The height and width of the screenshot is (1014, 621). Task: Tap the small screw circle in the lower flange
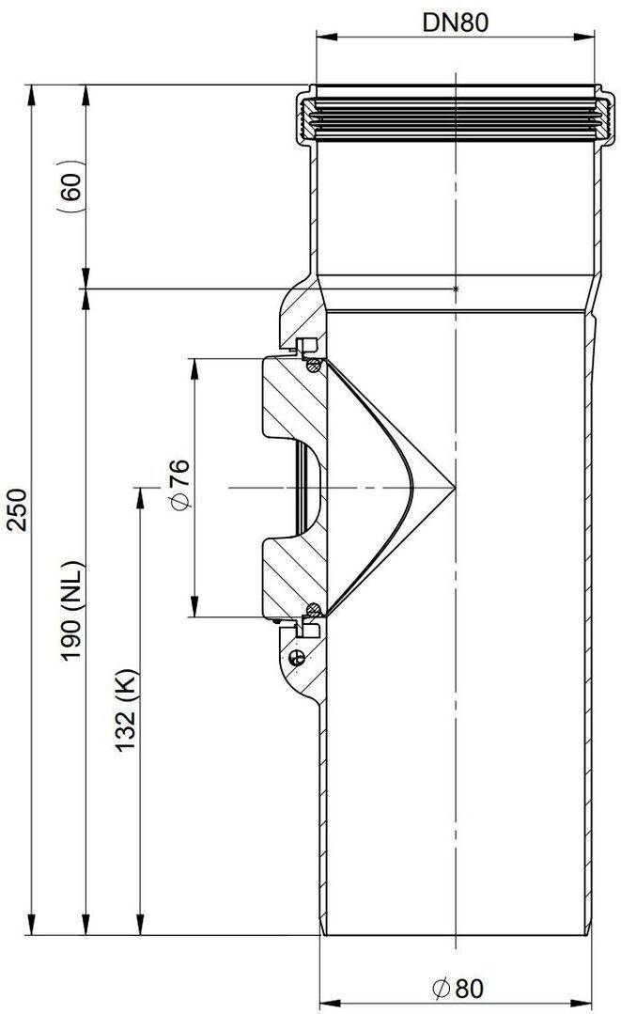pyautogui.click(x=298, y=656)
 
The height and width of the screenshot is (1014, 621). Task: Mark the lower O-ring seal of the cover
pyautogui.click(x=315, y=609)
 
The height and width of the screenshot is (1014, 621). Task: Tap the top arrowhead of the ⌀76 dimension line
pyautogui.click(x=194, y=364)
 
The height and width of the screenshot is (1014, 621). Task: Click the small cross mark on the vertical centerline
pyautogui.click(x=456, y=289)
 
